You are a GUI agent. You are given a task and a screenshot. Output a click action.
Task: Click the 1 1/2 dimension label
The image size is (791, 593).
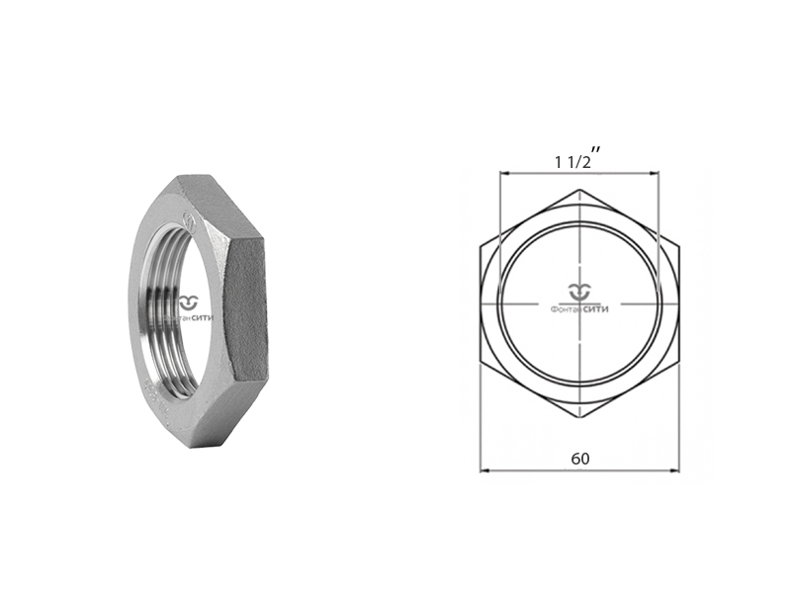572,161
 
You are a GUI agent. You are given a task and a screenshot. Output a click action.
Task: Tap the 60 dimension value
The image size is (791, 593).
581,458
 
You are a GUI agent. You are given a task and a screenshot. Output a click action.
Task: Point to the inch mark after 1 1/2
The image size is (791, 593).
598,148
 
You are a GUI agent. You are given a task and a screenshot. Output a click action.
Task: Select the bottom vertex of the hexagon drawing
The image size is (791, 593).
580,421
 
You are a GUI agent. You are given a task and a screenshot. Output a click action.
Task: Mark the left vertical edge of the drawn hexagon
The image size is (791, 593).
481,305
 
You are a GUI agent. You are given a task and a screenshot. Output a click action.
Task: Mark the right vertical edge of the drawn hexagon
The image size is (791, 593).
680,305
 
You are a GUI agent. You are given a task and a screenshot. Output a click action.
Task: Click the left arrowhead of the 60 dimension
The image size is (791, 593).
485,470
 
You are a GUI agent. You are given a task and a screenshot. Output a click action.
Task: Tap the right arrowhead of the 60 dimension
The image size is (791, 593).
675,470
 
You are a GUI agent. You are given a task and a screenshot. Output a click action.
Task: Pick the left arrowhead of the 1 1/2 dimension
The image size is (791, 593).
502,174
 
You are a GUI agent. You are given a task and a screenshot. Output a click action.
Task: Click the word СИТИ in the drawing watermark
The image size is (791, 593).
598,309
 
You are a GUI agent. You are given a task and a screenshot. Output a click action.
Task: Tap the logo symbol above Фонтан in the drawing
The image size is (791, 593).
579,292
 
